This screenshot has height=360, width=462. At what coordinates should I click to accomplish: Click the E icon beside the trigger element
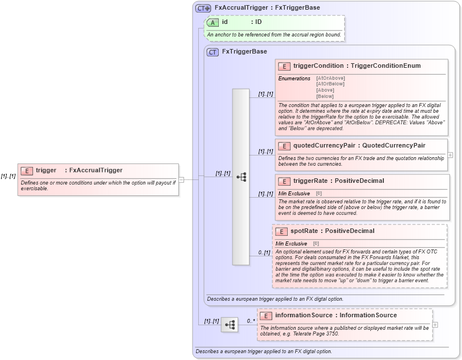coord(26,170)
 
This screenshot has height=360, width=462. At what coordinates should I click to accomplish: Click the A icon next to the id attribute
coord(212,22)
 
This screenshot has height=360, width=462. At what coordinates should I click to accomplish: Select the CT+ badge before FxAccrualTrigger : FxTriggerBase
coord(203,8)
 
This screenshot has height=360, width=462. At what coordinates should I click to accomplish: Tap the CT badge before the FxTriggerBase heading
coord(212,52)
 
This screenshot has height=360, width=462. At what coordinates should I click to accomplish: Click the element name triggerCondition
coord(318,66)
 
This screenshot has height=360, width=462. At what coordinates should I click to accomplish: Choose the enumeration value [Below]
coord(325,96)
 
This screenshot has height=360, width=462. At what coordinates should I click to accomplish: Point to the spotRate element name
coord(304,231)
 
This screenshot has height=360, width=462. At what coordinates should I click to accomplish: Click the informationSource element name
coord(304,316)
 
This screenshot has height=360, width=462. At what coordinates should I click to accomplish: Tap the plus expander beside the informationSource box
coord(435,324)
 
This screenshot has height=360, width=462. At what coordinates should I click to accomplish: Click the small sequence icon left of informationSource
coord(230,325)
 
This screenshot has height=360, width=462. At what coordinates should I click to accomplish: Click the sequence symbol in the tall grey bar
coord(241,177)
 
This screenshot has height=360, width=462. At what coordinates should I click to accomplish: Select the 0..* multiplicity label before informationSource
coord(250,321)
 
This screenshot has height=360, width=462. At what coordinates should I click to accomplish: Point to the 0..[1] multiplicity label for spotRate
coord(264,252)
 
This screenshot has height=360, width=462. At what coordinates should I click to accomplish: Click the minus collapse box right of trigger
coord(181,179)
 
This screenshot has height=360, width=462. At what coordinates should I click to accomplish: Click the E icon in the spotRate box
coord(281,231)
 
